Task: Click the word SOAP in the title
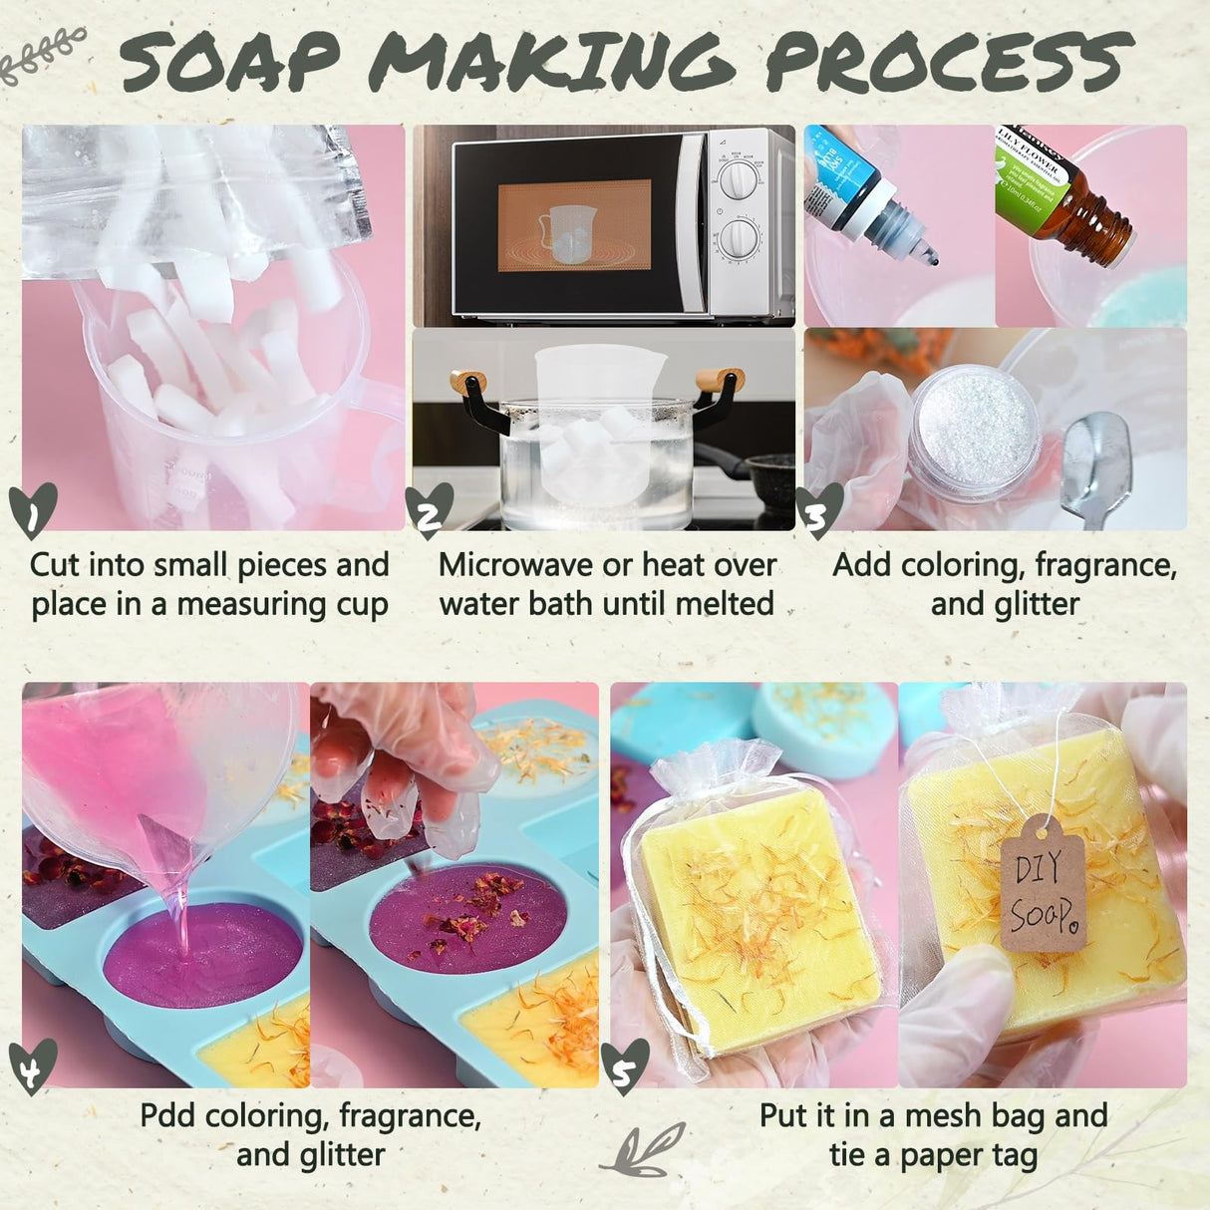click(231, 62)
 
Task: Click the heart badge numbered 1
click(33, 510)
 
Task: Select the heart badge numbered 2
click(430, 510)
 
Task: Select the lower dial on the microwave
click(739, 240)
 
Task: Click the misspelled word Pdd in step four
click(168, 1115)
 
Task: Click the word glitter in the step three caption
click(1037, 604)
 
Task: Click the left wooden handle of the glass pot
click(468, 382)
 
